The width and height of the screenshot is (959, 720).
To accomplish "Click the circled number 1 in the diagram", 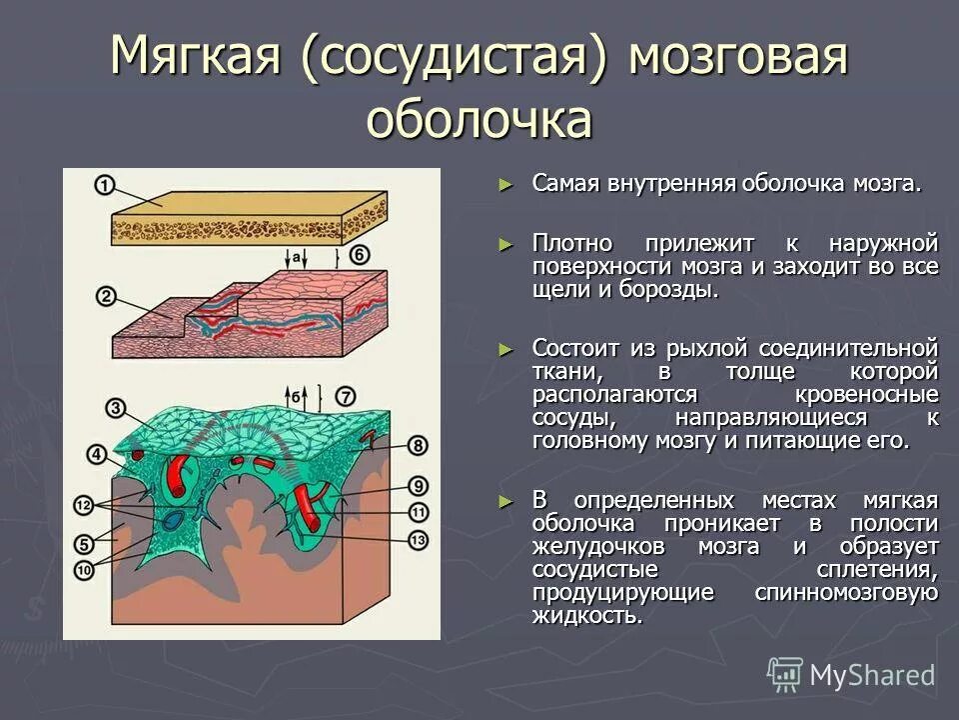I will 104,186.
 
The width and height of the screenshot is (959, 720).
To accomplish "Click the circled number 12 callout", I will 84,502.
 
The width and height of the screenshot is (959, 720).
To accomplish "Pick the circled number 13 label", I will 418,539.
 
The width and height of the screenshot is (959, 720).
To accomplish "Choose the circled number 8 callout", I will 418,444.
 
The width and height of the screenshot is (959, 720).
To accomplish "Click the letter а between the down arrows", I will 297,256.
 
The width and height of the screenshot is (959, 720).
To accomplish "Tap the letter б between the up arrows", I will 296,396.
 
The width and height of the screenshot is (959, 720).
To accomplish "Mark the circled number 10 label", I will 84,568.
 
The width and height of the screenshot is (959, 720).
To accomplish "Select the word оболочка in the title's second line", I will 479,121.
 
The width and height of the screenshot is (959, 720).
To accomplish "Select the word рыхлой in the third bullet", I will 700,348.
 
